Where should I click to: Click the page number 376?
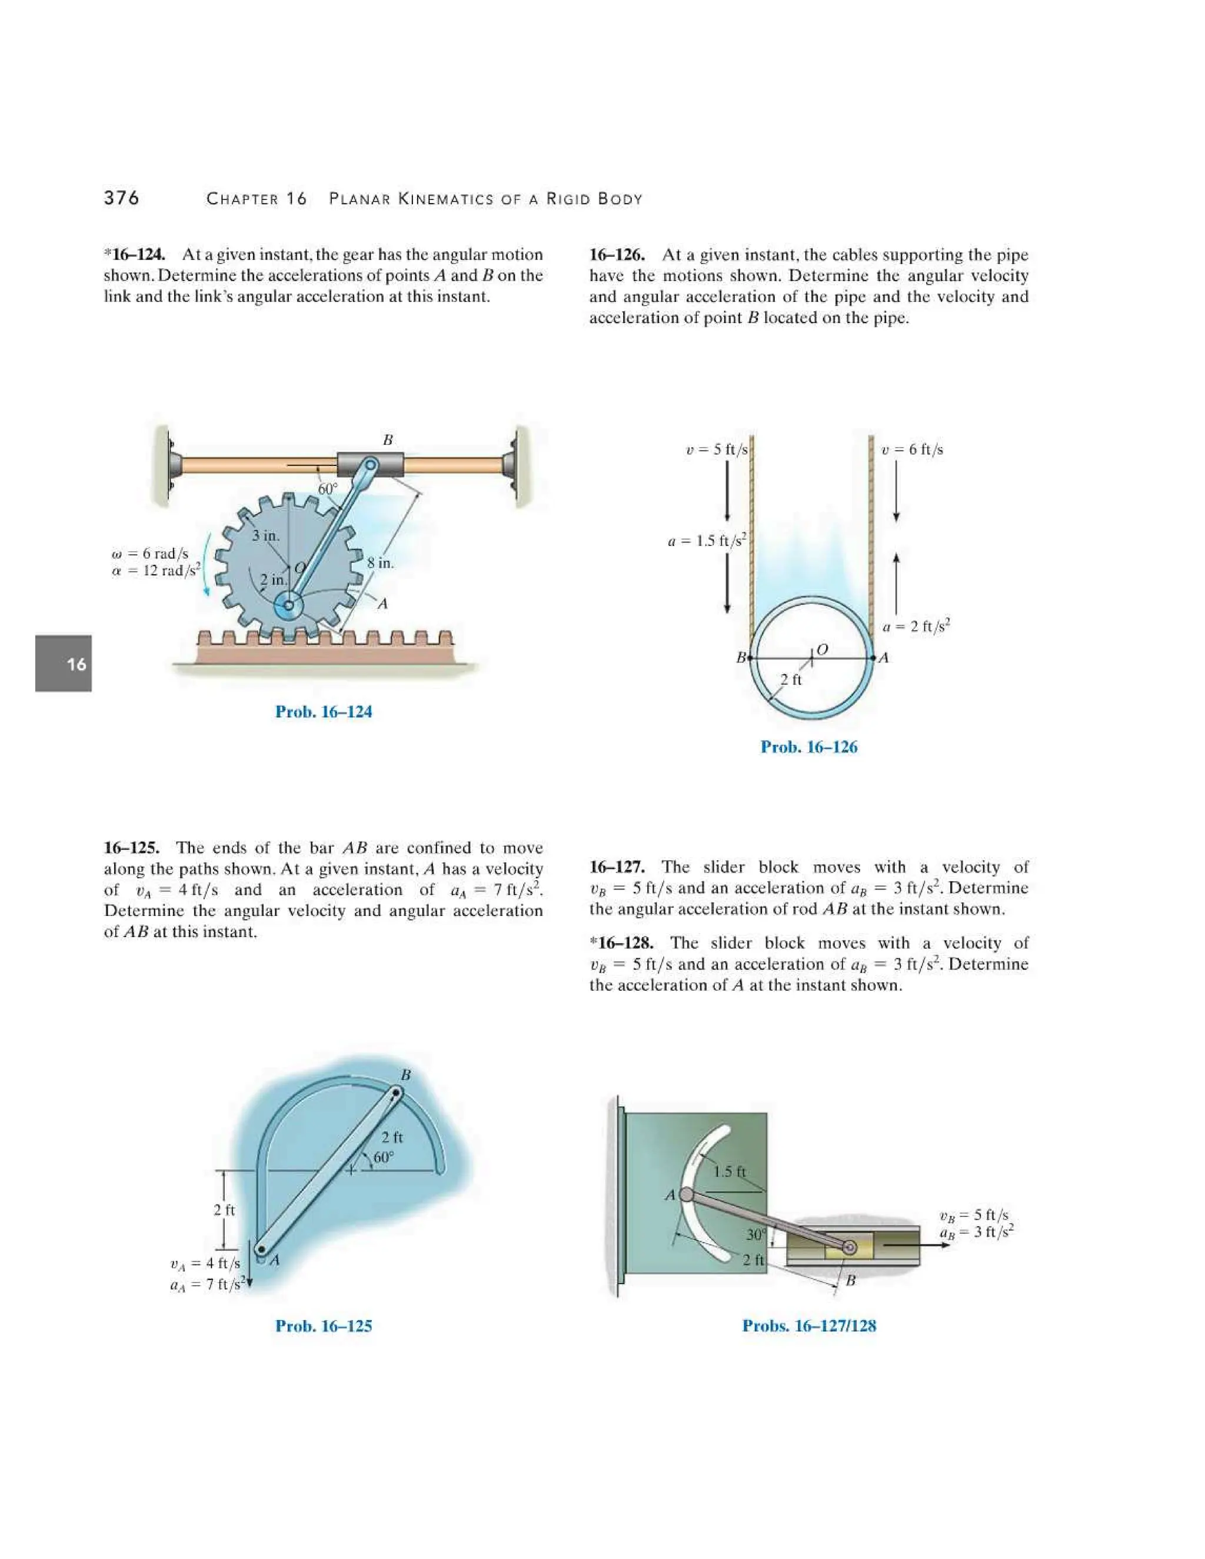point(121,198)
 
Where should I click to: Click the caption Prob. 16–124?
point(324,712)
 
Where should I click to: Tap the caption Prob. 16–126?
point(809,747)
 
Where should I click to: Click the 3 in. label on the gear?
point(265,535)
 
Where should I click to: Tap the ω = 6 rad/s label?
point(151,554)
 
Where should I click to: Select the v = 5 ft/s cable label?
point(716,449)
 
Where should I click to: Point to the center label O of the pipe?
point(821,649)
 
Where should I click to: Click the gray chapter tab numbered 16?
point(64,664)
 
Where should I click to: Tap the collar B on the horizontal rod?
point(370,465)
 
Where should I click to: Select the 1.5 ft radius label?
point(730,1171)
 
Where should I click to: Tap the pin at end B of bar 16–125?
point(395,1092)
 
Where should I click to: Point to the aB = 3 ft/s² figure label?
point(977,1232)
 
